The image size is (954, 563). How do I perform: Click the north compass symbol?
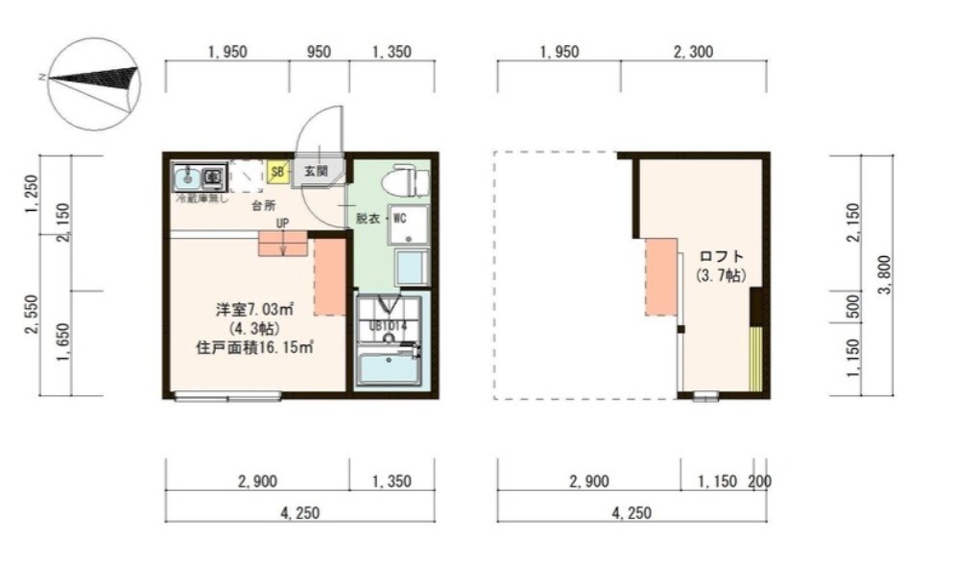point(93,82)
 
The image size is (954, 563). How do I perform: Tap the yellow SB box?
point(277,173)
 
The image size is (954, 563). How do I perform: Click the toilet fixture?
point(405,180)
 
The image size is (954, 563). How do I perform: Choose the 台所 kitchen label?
point(263,206)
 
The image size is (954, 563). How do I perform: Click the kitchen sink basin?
point(188,176)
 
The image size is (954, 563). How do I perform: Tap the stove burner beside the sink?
point(212,176)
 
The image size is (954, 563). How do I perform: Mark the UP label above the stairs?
point(282,223)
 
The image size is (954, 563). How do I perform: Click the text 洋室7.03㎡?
point(253,310)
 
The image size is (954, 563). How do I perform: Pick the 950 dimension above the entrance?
point(319,52)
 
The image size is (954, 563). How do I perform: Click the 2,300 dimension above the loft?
point(693,52)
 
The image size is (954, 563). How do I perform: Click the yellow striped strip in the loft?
point(755,359)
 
